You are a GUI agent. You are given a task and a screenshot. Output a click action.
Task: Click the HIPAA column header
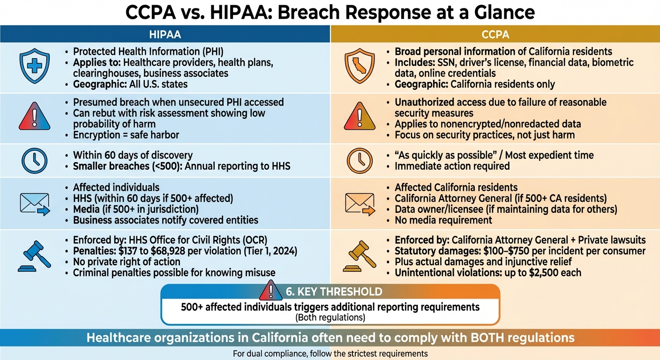165,35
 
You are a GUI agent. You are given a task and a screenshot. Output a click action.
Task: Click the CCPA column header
495,35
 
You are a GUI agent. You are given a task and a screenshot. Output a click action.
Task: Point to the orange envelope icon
360,204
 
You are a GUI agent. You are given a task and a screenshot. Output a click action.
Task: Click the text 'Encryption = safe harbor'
126,135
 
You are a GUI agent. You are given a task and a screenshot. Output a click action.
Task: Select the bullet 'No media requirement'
443,220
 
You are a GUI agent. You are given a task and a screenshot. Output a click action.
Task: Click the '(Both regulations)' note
330,317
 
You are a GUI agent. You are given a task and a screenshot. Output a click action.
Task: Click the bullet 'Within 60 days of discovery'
133,155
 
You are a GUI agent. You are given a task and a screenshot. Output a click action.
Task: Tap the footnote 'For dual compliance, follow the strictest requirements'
330,353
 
